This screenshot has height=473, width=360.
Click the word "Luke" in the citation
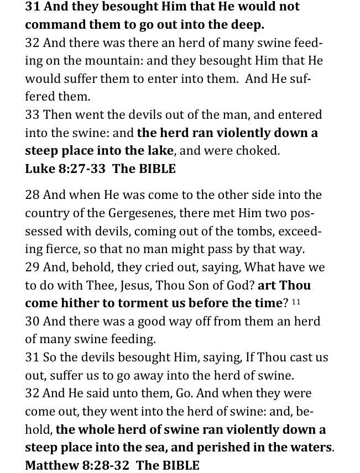39,169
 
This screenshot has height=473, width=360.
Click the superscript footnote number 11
296,301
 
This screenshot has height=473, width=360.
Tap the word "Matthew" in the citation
51,465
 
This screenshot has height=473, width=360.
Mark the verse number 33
32,115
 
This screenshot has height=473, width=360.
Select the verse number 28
32,195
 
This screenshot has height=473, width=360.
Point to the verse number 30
32,321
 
